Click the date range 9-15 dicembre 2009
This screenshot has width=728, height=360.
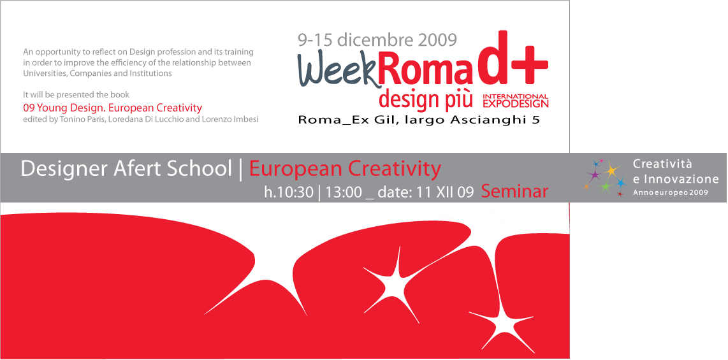377,40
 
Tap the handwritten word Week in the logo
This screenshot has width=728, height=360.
337,71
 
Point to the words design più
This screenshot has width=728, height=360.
426,99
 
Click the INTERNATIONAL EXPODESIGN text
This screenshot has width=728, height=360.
516,101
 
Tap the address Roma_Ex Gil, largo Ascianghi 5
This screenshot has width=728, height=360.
419,120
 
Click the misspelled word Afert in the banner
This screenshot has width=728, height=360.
131,168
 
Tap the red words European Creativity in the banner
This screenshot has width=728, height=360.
345,169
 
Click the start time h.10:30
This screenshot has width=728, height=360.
289,192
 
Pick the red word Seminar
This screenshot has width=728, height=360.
515,191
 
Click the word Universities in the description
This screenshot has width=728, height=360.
42,73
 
